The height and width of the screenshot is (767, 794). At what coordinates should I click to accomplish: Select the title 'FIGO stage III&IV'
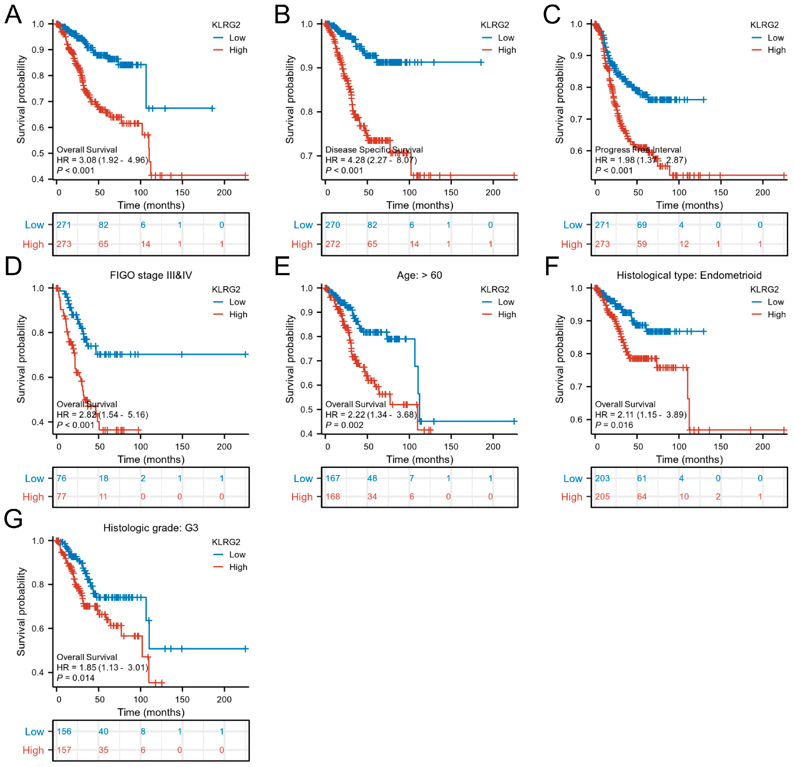pos(151,275)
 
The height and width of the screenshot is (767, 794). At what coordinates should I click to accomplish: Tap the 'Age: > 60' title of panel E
pos(419,275)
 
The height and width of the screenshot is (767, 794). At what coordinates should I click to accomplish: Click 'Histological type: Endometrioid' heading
pos(689,275)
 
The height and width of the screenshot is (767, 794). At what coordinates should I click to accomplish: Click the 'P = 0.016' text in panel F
pos(614,425)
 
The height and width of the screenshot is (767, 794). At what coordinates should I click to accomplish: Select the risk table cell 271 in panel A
pos(64,225)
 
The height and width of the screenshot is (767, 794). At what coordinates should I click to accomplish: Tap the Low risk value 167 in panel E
pos(333,478)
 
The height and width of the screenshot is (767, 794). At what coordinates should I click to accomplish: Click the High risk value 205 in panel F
pos(602,497)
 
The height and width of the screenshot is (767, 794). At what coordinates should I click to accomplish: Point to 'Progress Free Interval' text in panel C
pos(638,150)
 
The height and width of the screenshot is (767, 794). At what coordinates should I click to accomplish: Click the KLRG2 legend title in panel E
pos(495,289)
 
